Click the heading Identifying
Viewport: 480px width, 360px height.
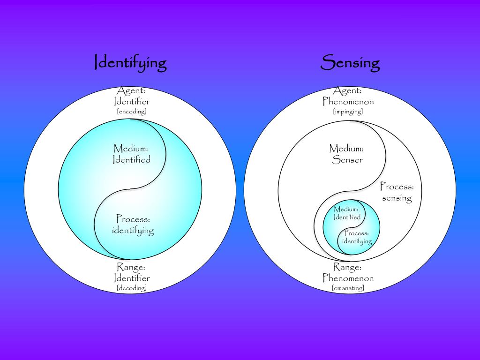[130, 63]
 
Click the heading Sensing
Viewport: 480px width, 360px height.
[350, 63]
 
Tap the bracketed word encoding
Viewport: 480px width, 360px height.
[132, 112]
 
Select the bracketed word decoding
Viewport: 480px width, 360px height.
[132, 288]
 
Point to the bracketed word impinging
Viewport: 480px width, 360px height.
[348, 112]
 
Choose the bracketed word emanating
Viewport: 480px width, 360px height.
[348, 288]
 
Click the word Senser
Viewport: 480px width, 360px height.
[347, 160]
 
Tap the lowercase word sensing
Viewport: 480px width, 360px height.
[397, 198]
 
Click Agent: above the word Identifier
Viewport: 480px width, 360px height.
[132, 91]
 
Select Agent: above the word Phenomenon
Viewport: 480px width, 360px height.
[348, 91]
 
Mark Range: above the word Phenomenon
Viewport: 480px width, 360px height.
[347, 267]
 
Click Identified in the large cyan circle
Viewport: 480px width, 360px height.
[132, 160]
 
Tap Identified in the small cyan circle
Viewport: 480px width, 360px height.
[347, 217]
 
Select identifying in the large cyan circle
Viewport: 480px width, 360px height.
[133, 230]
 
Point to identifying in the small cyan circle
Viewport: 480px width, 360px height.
[357, 241]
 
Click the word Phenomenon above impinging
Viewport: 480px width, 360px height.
[348, 101]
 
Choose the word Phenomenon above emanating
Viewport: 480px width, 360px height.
[348, 278]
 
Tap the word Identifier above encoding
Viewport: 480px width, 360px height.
[132, 101]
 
